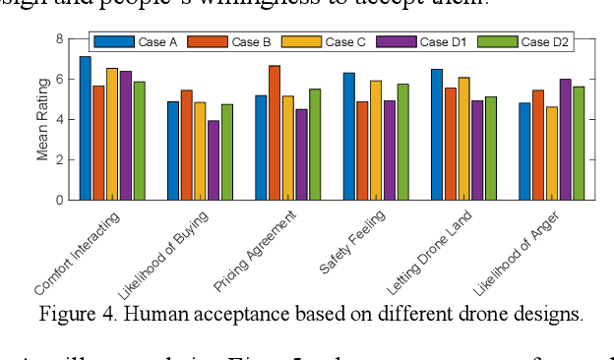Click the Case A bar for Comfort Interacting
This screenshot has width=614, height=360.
tap(86, 128)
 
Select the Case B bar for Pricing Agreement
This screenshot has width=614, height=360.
tap(275, 133)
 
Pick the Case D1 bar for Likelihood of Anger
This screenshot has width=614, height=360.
tap(565, 139)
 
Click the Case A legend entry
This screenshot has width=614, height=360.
tap(130, 42)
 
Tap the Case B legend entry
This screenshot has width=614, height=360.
tap(225, 42)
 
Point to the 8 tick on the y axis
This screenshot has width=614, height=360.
tap(59, 38)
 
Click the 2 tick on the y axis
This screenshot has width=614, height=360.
tap(59, 159)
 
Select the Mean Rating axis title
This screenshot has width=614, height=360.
tap(42, 120)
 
